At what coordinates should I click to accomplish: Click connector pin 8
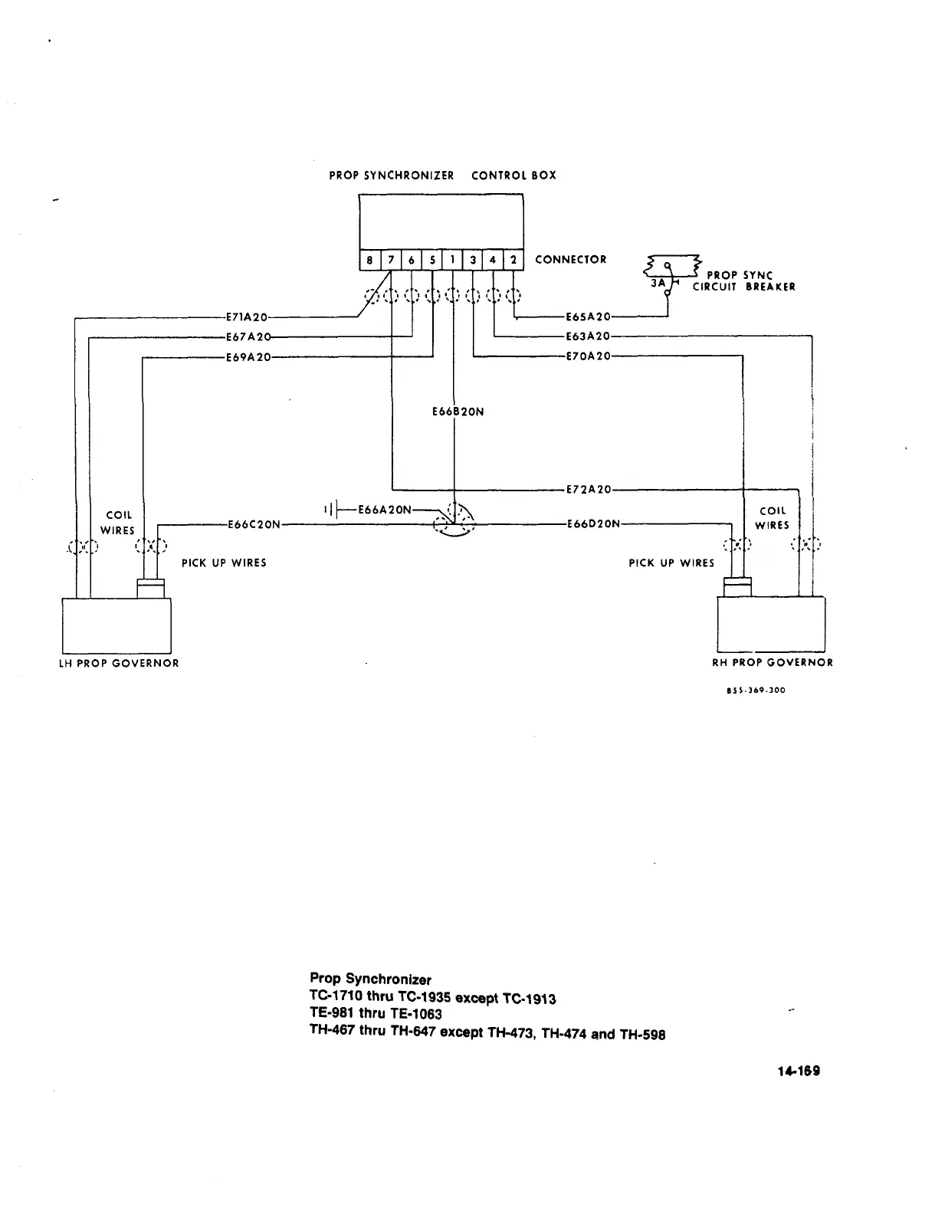(x=369, y=261)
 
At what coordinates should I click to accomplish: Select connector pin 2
(x=513, y=261)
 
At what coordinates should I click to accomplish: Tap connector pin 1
(x=453, y=261)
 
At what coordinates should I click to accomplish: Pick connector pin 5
(x=432, y=261)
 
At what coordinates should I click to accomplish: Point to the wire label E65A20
(x=588, y=316)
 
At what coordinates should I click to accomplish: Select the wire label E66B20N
(x=458, y=412)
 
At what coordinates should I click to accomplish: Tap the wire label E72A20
(x=588, y=489)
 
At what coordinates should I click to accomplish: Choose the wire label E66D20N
(x=592, y=524)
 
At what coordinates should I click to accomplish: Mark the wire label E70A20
(x=588, y=356)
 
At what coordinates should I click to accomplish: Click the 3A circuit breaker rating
(x=658, y=282)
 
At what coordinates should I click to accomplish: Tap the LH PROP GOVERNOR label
(x=119, y=663)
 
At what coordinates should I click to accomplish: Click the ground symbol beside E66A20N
(x=330, y=509)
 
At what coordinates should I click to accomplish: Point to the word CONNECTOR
(x=570, y=260)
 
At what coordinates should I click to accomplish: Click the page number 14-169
(x=799, y=1071)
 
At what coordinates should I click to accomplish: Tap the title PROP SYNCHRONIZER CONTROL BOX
(x=442, y=176)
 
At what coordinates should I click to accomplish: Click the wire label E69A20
(x=248, y=356)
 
